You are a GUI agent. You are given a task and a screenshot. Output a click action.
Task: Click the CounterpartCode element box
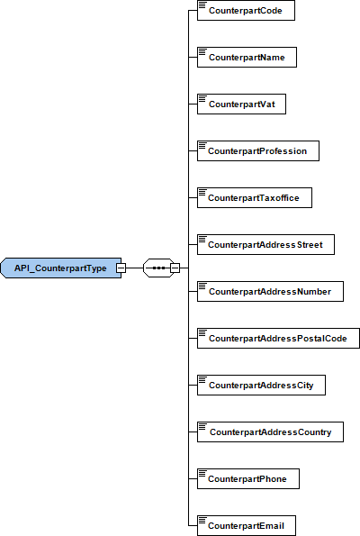point(246,11)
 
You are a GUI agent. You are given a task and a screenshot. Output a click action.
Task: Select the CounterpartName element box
point(247,58)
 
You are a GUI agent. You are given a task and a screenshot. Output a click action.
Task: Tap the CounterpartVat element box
point(241,104)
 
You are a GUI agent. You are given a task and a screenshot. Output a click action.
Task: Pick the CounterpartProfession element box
point(258,151)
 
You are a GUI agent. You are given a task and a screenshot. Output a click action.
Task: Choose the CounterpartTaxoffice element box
point(255,198)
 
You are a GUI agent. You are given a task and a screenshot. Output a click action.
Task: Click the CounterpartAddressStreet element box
point(265,245)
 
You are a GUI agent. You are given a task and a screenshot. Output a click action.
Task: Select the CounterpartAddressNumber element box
point(270,292)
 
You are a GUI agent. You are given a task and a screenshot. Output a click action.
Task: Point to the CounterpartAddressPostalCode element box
point(278,339)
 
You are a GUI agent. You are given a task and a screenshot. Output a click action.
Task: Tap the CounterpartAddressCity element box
point(261,386)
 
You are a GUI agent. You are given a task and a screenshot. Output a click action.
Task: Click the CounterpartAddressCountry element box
point(270,432)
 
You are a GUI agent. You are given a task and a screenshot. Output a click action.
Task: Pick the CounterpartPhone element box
point(248,479)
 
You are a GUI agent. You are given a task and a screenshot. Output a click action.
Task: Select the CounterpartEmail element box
point(247,526)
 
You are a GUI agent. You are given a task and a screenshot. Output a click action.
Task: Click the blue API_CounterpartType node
point(61,268)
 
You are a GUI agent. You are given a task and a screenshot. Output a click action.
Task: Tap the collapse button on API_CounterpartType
point(121,268)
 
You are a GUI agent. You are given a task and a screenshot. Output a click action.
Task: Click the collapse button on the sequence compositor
point(175,268)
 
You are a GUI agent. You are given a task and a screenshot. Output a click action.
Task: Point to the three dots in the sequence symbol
point(158,268)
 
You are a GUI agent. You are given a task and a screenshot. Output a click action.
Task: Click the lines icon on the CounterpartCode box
point(202,5)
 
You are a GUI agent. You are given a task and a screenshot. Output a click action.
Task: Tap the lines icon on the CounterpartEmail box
point(202,520)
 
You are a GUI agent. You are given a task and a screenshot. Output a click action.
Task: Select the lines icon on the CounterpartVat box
point(202,98)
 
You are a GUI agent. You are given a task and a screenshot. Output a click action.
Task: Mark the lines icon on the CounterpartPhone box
point(202,473)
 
